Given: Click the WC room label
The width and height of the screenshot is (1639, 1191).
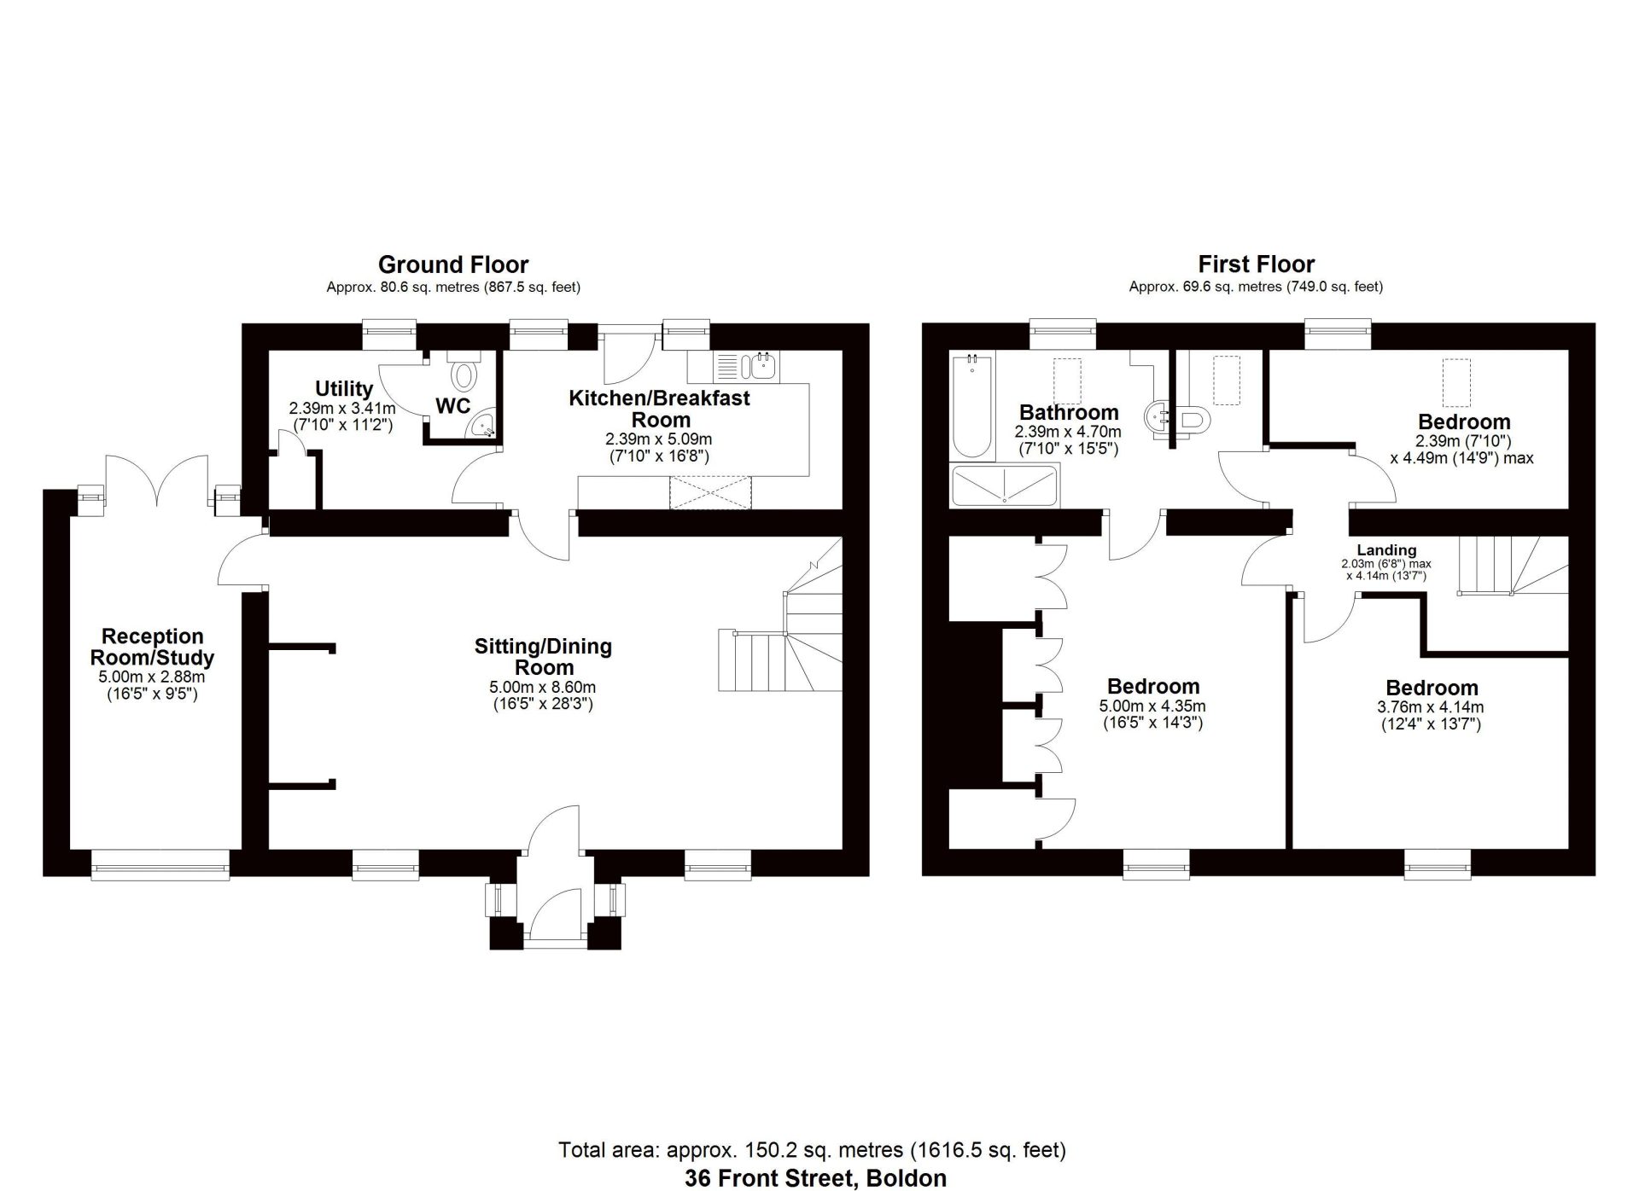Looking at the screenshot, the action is (x=452, y=406).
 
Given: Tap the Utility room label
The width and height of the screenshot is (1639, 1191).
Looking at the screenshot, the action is (x=344, y=389).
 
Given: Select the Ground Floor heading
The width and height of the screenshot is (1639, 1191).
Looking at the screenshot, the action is (x=453, y=264).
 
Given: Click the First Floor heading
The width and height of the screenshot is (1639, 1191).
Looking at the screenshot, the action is (x=1256, y=264).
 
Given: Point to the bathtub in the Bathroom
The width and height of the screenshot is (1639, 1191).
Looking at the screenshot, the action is (x=972, y=406).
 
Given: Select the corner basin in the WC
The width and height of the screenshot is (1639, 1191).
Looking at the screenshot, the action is (x=482, y=425).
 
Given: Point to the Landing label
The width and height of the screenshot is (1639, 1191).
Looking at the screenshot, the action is (x=1386, y=550).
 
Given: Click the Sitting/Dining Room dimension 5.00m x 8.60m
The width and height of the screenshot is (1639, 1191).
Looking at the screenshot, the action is (x=543, y=687).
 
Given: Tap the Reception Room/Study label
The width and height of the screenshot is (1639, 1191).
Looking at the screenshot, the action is (x=153, y=647).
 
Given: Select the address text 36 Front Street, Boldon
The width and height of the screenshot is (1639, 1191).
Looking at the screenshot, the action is (x=815, y=1178).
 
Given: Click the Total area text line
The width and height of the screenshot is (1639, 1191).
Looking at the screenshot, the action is (x=812, y=1150).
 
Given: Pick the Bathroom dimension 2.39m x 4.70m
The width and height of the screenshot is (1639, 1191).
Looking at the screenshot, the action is (x=1068, y=433).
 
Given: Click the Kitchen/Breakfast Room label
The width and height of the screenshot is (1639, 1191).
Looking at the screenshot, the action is (x=660, y=409).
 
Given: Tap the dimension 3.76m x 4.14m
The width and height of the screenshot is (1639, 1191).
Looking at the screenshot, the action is (x=1431, y=707).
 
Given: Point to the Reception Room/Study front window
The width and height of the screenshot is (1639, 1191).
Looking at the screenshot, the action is (x=160, y=863).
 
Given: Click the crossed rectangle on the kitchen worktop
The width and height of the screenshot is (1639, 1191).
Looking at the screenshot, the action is (x=711, y=493).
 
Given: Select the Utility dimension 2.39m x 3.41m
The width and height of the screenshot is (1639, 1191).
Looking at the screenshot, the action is (x=342, y=409).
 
